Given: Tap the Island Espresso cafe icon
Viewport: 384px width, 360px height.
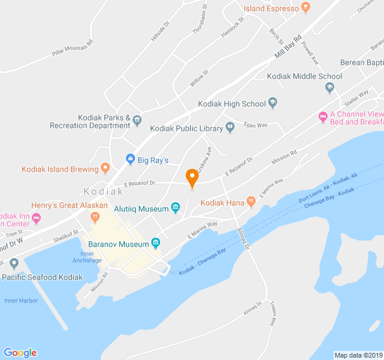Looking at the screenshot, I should click(306, 8).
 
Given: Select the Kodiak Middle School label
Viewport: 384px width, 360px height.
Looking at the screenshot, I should click(305, 76).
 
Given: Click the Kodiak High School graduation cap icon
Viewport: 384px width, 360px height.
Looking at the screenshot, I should click(274, 103).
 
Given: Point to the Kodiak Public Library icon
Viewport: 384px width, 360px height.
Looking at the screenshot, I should click(230, 127).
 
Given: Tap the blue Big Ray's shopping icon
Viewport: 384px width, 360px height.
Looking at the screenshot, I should click(130, 160).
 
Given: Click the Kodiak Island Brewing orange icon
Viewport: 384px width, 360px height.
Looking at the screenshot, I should click(106, 169).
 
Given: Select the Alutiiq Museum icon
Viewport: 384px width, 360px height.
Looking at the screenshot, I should click(176, 208).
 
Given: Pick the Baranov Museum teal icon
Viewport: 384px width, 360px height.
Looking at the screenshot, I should click(156, 244).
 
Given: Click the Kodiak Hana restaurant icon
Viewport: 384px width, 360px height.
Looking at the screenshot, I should click(251, 203).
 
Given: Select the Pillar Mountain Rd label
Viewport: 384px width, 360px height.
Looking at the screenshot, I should click(73, 52).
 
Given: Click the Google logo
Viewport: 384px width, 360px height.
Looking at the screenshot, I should click(20, 353).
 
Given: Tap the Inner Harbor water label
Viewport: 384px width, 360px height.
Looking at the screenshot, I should click(21, 301).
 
